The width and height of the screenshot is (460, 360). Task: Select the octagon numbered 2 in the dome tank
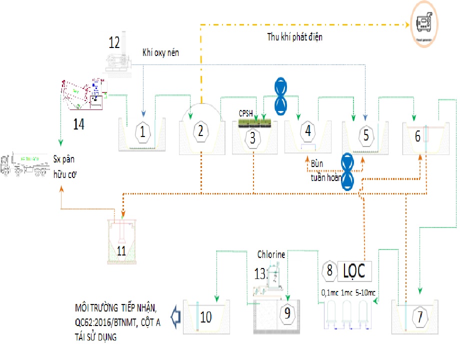point(200,131)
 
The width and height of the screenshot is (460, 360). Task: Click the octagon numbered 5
point(365,134)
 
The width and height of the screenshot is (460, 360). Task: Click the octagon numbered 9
point(287,313)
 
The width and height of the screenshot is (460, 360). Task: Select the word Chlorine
point(271,254)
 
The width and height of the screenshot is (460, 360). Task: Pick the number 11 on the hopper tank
point(121,249)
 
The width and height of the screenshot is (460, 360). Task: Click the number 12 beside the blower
point(114,42)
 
